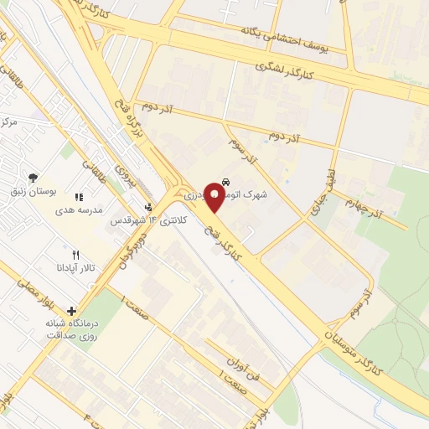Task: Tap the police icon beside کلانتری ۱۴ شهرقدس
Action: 148,206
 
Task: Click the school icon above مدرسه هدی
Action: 79,197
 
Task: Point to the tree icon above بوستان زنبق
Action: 33,178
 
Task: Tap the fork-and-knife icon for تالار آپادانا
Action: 75,255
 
